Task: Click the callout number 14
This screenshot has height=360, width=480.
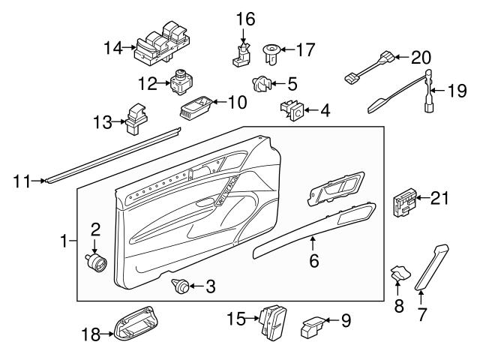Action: point(112,47)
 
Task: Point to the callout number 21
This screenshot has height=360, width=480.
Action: point(441,198)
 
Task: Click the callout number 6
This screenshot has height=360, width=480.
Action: point(313,261)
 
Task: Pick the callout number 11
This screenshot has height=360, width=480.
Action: point(23,180)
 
